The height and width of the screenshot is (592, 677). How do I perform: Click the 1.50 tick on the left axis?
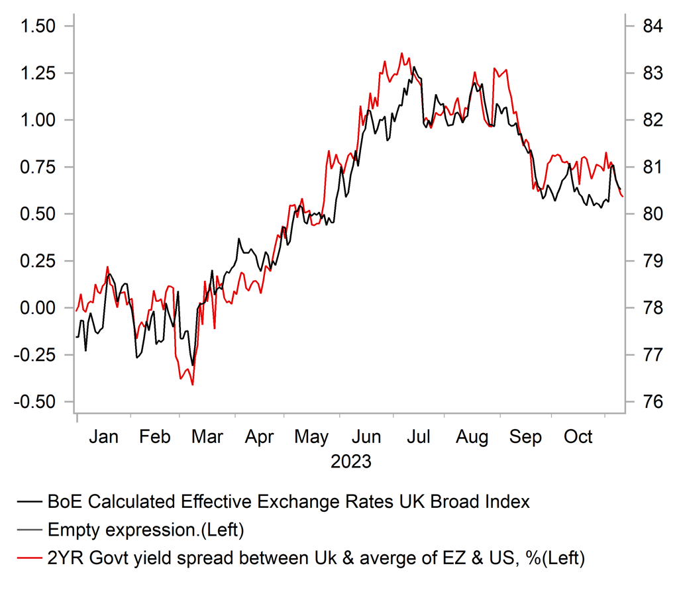39,26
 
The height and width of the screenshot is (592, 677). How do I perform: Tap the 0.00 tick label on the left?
39,308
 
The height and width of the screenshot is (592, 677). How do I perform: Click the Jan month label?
104,437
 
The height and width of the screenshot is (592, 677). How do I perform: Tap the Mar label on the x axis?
207,437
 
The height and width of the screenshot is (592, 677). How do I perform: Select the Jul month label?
419,437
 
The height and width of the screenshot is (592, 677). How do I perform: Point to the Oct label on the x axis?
578,437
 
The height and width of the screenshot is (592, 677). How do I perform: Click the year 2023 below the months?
351,461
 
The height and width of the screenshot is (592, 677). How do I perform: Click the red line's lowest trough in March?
192,385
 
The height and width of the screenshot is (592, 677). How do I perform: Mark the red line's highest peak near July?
402,54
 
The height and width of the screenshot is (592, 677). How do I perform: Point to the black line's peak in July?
414,67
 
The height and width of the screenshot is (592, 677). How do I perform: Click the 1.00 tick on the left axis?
39,121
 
